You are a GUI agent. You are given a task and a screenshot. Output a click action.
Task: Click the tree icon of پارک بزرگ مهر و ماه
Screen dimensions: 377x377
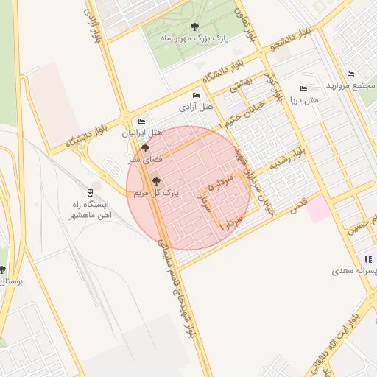[194, 27]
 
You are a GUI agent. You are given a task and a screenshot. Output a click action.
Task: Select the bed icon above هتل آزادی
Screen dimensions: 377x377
[195, 96]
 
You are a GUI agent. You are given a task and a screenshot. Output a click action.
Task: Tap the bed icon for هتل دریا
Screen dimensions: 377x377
[304, 88]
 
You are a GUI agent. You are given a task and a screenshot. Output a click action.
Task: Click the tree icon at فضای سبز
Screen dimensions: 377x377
[144, 148]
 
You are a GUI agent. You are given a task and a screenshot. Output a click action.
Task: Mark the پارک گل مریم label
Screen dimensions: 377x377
[156, 192]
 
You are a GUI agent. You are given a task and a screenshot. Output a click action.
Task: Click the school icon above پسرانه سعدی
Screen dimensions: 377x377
[367, 259]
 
